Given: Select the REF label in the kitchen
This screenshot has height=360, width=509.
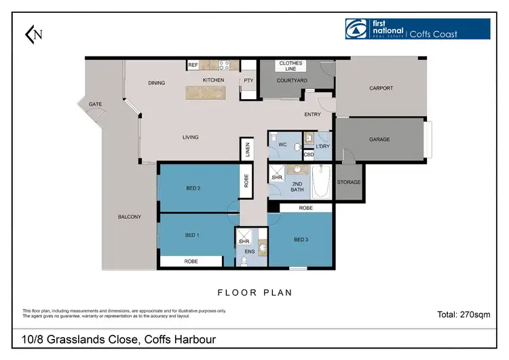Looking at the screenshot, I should point(192,65).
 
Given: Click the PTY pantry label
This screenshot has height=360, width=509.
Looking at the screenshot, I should point(249,80).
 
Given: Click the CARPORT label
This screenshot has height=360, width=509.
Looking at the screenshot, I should point(381,88).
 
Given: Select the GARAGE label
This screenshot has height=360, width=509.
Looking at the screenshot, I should point(379,139).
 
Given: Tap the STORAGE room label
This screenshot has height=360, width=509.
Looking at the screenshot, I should point(349,182).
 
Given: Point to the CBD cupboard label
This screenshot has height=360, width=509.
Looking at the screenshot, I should point(309,155).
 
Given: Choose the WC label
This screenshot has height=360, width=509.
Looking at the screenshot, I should point(284,145).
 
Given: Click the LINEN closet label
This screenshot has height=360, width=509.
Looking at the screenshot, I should point(248,150).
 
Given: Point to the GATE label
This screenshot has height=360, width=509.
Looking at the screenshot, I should point(95,104).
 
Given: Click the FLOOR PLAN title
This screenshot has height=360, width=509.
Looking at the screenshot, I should point(254,293).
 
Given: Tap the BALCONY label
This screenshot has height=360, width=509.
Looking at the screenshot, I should point(128,217).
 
